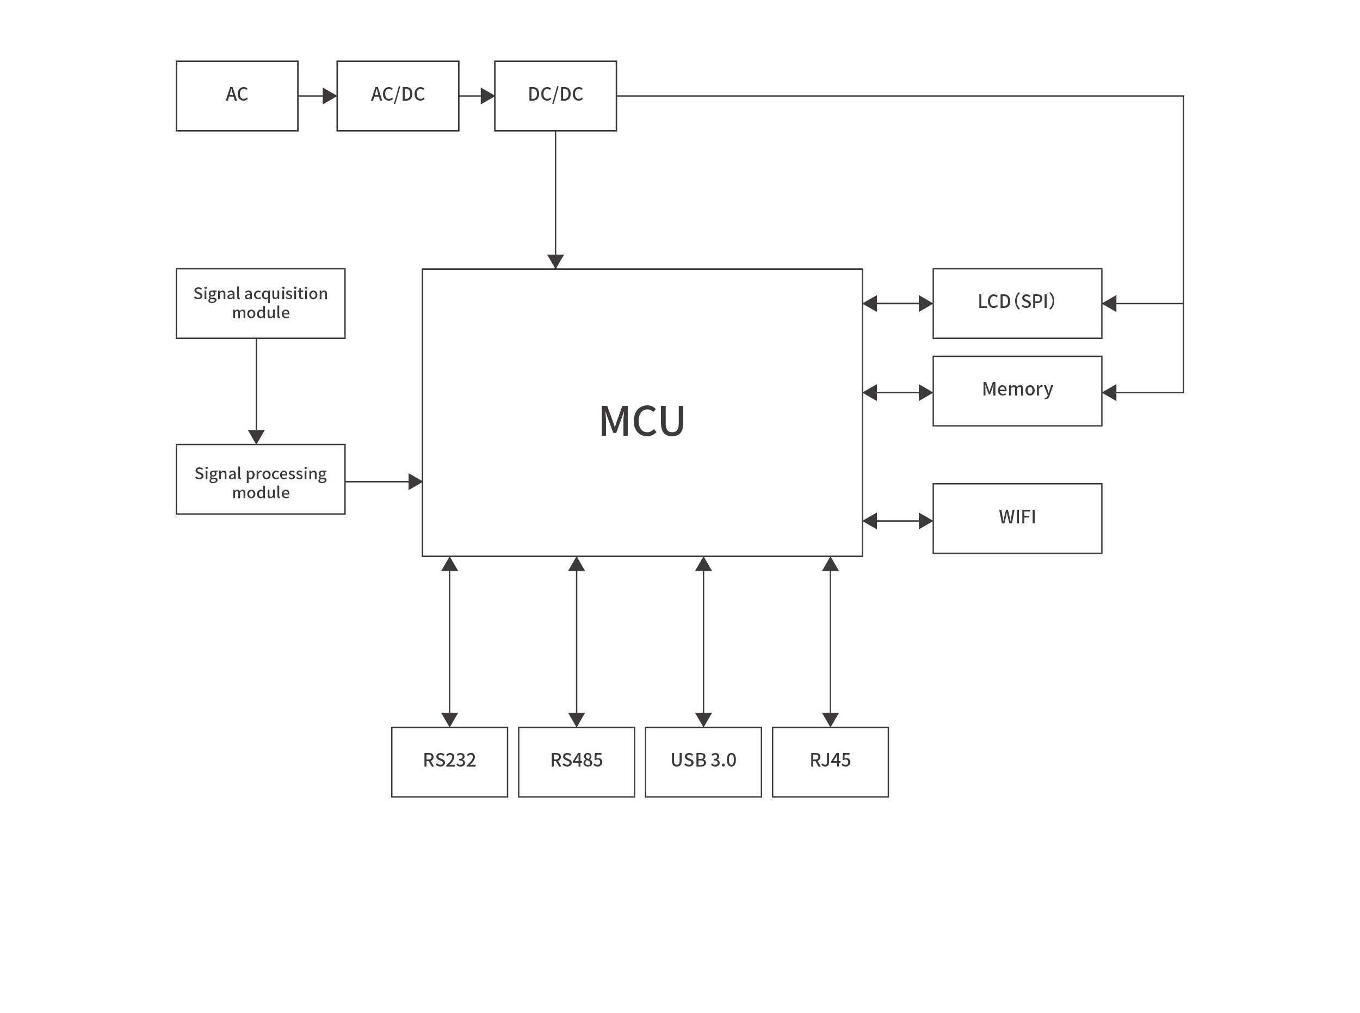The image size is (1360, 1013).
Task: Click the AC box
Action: [x=237, y=96]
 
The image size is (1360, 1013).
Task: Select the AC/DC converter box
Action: [x=397, y=96]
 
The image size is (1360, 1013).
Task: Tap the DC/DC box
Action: [x=555, y=96]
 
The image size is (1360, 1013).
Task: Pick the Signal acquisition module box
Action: [x=260, y=303]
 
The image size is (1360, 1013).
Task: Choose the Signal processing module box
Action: [x=260, y=479]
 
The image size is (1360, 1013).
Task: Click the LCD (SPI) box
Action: [x=1017, y=303]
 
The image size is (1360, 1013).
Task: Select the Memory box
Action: [x=1017, y=391]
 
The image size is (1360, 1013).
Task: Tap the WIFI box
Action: [x=1017, y=518]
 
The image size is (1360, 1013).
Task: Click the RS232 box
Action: [x=449, y=762]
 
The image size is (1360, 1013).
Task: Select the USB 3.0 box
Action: [x=703, y=762]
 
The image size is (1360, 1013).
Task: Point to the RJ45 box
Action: [x=830, y=762]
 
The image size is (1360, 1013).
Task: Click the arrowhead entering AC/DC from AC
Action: [x=330, y=96]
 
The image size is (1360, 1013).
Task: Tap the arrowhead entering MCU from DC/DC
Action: [x=555, y=261]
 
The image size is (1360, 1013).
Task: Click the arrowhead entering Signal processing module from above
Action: [x=256, y=437]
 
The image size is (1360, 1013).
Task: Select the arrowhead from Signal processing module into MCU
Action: [x=415, y=481]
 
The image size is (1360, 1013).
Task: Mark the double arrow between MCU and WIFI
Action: [x=897, y=521]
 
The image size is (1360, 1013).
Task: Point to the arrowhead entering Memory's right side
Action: [x=1109, y=392]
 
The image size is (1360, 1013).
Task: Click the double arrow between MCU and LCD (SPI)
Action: [x=897, y=303]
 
